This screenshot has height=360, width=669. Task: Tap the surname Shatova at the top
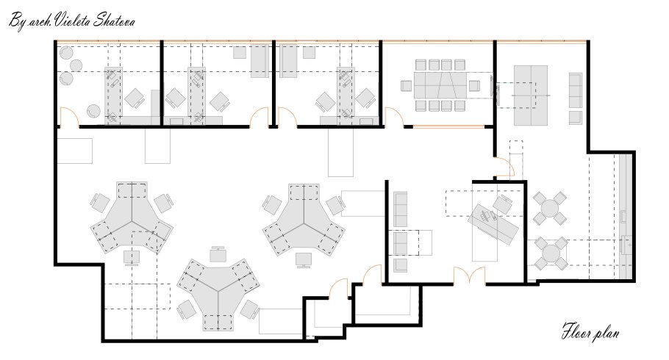coord(115,20)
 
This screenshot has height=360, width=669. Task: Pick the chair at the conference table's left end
coord(406,86)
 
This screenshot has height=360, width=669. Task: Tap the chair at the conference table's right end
coord(474,86)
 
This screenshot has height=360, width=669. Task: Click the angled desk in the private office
coord(493,223)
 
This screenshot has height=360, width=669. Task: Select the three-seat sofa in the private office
coord(400,209)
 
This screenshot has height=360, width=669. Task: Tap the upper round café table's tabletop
coord(550,209)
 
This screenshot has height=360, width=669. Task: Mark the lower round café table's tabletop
coord(551,253)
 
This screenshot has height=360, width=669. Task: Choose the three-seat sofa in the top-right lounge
coord(576,90)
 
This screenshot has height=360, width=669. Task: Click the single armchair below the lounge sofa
coord(576,118)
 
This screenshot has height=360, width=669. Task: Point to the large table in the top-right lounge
coord(530,96)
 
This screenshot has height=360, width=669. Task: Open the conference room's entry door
coord(394,117)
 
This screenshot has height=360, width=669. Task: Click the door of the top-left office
coord(69,117)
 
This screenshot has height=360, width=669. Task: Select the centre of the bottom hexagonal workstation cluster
coord(219,292)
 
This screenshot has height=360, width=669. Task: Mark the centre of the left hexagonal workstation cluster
coord(132,221)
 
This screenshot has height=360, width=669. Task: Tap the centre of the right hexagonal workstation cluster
coord(304,222)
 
